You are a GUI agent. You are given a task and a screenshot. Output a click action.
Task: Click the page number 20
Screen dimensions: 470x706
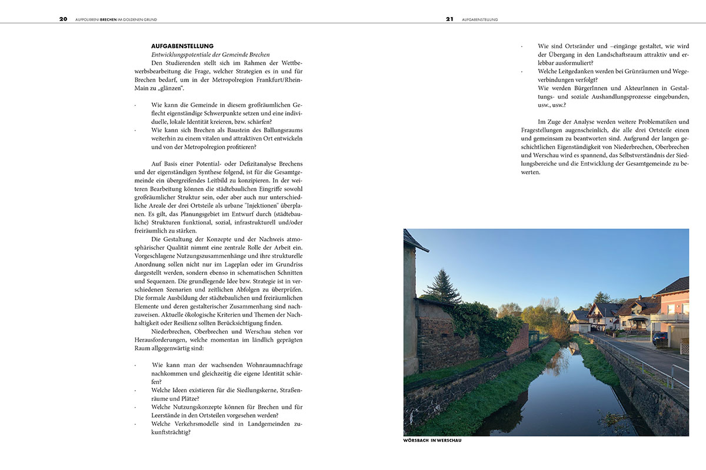(x=63, y=19)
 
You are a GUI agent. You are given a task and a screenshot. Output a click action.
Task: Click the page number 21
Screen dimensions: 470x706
(x=449, y=19)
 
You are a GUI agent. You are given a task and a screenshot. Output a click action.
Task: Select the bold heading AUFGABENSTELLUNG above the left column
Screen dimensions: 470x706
(x=182, y=46)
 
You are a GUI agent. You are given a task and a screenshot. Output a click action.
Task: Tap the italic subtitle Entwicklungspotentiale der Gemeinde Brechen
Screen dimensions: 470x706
(x=211, y=54)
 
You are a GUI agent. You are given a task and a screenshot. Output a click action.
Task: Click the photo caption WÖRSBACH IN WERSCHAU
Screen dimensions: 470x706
(x=432, y=441)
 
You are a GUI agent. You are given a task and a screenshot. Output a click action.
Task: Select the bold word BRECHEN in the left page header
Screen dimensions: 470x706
(x=109, y=19)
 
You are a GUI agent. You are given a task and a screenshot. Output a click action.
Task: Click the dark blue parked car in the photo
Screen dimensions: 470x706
(x=660, y=338)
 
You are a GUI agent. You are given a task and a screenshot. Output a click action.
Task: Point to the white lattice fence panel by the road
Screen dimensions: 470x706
(x=684, y=347)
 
